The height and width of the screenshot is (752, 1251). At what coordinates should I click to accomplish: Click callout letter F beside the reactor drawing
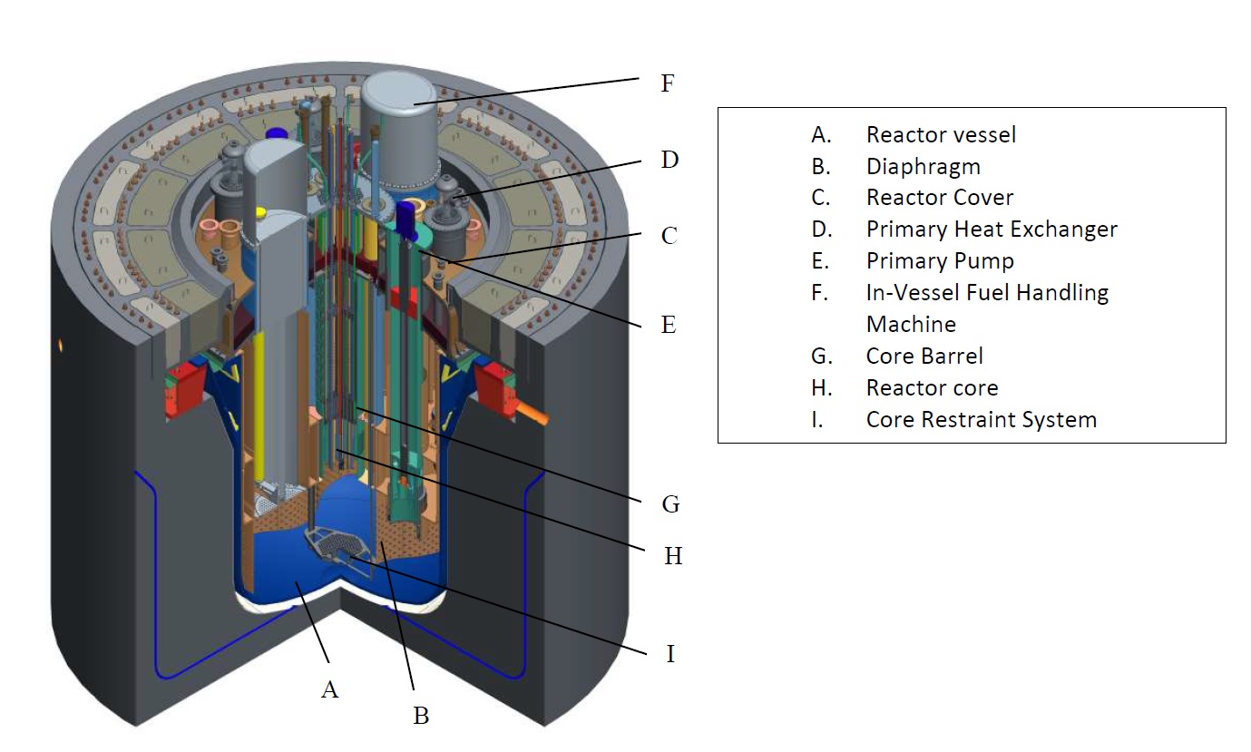(668, 83)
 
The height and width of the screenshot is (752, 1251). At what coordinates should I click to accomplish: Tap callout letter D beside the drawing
(669, 160)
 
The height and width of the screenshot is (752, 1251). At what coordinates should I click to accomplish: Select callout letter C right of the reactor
(669, 236)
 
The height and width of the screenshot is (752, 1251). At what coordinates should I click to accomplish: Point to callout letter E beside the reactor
(669, 325)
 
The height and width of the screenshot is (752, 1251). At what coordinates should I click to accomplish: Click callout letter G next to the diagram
(670, 503)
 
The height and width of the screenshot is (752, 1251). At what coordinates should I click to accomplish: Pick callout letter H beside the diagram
(672, 556)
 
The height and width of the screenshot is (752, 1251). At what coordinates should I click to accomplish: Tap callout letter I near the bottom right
(670, 653)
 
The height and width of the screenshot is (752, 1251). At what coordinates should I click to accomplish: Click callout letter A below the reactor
(329, 690)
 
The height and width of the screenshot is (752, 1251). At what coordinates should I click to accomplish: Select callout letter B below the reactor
(421, 716)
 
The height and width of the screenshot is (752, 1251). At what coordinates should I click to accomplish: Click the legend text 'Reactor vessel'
(941, 135)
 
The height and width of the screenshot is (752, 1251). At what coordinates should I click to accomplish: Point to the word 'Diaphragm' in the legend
(923, 167)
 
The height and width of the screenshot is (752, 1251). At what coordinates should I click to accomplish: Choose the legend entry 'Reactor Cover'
(940, 198)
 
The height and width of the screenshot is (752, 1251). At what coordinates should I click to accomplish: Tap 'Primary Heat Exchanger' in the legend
(992, 230)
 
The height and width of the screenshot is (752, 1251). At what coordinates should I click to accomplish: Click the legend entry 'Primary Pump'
(940, 261)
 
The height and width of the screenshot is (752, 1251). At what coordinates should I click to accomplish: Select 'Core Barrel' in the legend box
(924, 356)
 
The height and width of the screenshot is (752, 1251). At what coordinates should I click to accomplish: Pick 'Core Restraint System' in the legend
(981, 420)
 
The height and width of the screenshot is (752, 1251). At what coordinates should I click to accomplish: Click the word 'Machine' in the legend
(911, 324)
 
